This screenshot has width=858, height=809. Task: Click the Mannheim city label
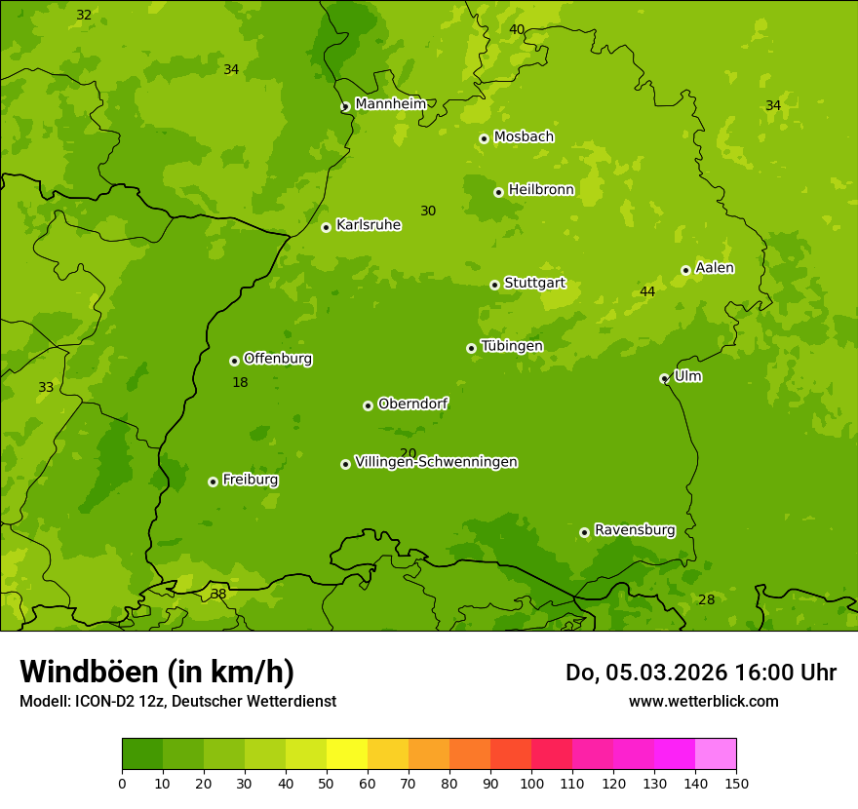[x=390, y=104]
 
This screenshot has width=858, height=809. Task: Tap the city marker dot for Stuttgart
[x=494, y=285]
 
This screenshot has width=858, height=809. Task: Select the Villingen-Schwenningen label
[x=436, y=462]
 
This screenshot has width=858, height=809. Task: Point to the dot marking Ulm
[x=664, y=378]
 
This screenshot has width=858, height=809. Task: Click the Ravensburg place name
[x=635, y=530]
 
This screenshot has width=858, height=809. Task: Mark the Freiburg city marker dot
[x=213, y=482]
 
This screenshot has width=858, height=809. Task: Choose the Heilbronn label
[x=541, y=190]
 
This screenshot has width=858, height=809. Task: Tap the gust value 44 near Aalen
[x=647, y=291]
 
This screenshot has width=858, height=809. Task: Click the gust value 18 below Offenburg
[x=240, y=382]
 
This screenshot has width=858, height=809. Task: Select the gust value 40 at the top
[x=517, y=29]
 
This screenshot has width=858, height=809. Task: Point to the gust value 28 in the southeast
[x=706, y=599]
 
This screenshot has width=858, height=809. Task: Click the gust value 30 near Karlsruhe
[x=428, y=211]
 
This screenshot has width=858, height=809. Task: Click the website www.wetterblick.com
[x=703, y=701]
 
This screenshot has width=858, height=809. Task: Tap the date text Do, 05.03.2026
[x=645, y=673]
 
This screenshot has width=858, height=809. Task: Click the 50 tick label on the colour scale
[x=327, y=783]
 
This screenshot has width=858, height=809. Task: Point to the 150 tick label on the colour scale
[x=736, y=783]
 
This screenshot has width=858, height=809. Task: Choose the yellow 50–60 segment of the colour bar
[x=347, y=754]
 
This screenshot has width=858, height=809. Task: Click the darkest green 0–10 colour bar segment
[x=142, y=754]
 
